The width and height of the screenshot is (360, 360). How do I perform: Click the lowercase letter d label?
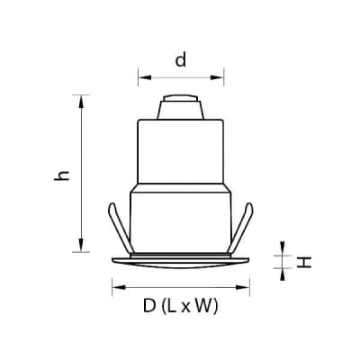pyautogui.click(x=181, y=59)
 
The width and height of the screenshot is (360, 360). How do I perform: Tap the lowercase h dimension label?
pyautogui.click(x=61, y=175)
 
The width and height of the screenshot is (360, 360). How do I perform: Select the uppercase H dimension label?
pyautogui.click(x=304, y=262)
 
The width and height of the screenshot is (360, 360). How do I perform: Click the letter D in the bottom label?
pyautogui.click(x=149, y=306)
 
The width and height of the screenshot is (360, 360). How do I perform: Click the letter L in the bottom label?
pyautogui.click(x=172, y=306)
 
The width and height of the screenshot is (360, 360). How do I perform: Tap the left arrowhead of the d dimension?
pyautogui.click(x=145, y=77)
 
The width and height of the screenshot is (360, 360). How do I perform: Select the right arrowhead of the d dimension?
pyautogui.click(x=217, y=77)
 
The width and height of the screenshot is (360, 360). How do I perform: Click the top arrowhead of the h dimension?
pyautogui.click(x=81, y=102)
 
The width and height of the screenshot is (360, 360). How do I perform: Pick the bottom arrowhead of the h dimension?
pyautogui.click(x=81, y=245)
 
